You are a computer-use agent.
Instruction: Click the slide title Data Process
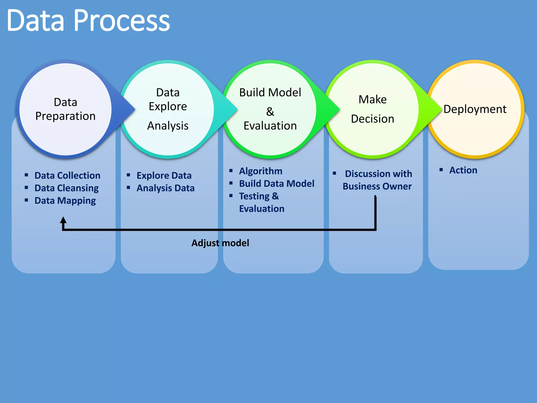(88, 20)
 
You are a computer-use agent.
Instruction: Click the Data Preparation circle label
(66, 109)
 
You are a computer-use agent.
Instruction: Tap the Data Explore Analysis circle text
(168, 109)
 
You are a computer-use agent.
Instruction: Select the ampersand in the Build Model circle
(270, 112)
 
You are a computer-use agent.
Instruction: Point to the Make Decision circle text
(373, 109)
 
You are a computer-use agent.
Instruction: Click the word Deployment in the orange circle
(475, 109)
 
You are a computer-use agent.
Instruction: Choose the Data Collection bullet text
(67, 176)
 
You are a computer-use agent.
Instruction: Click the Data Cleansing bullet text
(67, 188)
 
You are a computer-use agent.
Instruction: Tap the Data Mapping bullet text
(65, 201)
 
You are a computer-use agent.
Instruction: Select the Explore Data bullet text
(164, 176)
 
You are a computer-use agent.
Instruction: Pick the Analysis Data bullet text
(165, 188)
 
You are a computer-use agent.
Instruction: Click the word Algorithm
(261, 171)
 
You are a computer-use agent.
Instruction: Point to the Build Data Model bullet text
(277, 184)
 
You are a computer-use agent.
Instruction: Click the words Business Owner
(377, 186)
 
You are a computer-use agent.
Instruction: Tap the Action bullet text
(463, 170)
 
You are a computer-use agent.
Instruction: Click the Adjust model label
(220, 243)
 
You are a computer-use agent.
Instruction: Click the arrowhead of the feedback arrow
(63, 220)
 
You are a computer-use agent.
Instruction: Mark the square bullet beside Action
(441, 170)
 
